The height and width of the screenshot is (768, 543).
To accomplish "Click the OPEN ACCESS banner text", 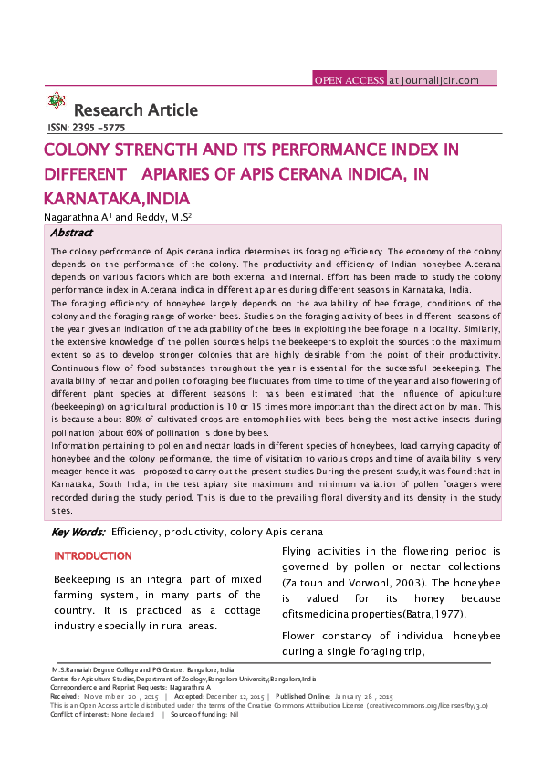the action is [x=349, y=80].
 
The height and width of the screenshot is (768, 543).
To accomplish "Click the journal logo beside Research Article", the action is [x=57, y=101].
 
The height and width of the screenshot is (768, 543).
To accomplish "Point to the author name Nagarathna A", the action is [x=77, y=217].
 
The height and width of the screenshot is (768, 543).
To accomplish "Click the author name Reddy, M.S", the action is [x=162, y=217].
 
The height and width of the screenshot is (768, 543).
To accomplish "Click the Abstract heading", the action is [x=71, y=233].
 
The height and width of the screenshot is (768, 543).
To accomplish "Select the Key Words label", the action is [x=78, y=532].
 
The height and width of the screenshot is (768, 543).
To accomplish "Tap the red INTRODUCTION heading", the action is [x=93, y=556].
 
